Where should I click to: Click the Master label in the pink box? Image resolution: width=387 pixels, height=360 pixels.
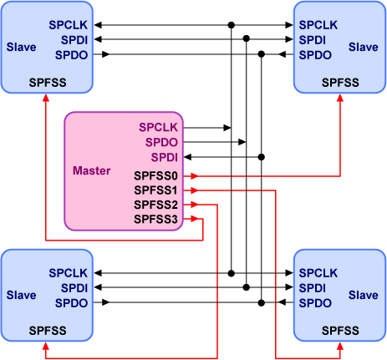point(92,170)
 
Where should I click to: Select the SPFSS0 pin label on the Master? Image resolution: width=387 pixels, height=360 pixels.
point(156,176)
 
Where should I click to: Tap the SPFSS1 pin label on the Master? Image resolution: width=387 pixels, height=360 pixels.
point(156,190)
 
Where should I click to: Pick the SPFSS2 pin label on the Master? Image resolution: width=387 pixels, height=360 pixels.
point(156,205)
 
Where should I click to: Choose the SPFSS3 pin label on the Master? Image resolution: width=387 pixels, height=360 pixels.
point(156,219)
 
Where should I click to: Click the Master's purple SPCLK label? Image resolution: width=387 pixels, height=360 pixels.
point(159,128)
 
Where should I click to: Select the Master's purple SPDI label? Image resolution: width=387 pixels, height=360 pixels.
point(164,157)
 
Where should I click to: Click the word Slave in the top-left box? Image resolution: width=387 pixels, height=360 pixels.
point(21,47)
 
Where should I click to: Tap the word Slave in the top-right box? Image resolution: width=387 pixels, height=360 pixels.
point(364,47)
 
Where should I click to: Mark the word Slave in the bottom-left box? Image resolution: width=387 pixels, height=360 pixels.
point(21,295)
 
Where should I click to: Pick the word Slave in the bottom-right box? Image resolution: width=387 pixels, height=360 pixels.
point(364,295)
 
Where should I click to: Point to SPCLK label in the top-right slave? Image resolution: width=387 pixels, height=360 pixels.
point(318,24)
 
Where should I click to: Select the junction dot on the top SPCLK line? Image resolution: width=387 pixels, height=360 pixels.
point(232,24)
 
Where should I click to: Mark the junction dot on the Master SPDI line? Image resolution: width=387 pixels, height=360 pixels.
point(262,157)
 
